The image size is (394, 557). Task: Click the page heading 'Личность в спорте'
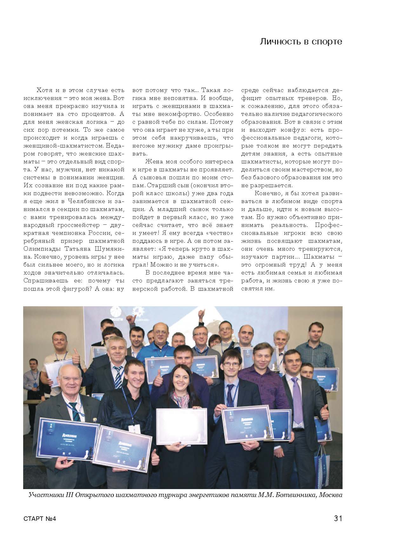click(x=301, y=42)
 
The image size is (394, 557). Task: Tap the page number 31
click(x=338, y=519)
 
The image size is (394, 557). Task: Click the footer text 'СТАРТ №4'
click(x=40, y=519)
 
